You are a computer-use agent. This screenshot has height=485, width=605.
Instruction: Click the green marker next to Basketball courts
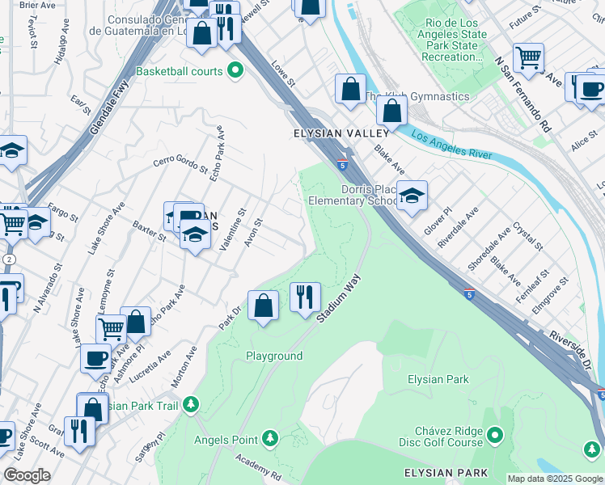pyautogui.click(x=235, y=71)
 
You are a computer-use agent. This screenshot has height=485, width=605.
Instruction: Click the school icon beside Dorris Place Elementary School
pyautogui.click(x=412, y=196)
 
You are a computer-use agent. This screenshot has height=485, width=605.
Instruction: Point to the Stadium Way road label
pyautogui.click(x=338, y=299)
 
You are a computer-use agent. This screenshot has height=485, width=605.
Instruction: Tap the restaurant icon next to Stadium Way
pyautogui.click(x=305, y=297)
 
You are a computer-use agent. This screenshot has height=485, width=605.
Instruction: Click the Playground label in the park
pyautogui.click(x=274, y=356)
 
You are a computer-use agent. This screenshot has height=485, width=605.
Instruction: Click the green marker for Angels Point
pyautogui.click(x=270, y=439)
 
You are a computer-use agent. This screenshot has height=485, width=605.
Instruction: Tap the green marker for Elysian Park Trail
pyautogui.click(x=191, y=403)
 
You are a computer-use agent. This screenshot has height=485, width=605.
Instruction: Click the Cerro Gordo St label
pyautogui.click(x=180, y=164)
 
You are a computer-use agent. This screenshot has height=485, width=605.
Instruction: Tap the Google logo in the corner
pyautogui.click(x=27, y=474)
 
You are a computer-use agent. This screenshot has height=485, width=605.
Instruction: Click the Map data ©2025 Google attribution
pyautogui.click(x=554, y=479)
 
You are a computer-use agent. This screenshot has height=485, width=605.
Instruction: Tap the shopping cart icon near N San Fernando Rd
pyautogui.click(x=528, y=58)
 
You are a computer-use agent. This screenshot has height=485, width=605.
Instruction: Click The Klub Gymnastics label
pyautogui.click(x=417, y=97)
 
